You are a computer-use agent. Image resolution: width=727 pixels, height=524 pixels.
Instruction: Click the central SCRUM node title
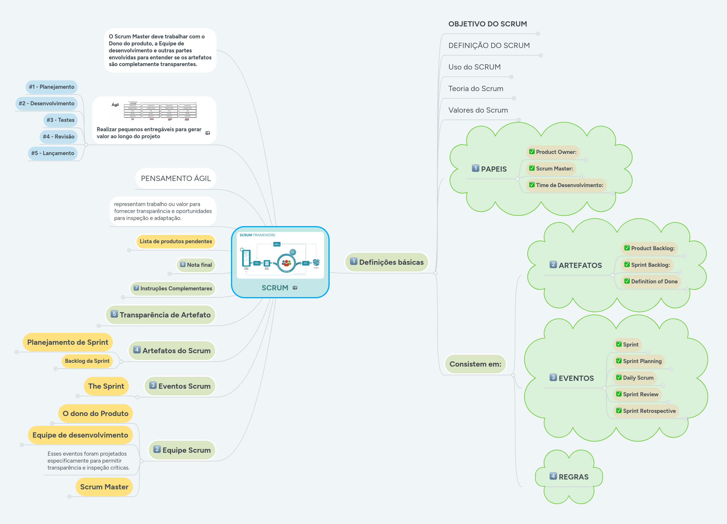coord(275,288)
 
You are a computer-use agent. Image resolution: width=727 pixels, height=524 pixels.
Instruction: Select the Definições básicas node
coord(387,262)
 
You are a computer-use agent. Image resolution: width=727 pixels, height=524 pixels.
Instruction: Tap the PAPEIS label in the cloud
coord(493,169)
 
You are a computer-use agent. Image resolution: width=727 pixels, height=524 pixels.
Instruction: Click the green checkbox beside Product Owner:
coord(532,152)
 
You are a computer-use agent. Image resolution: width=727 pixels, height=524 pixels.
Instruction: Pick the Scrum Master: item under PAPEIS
coord(554,168)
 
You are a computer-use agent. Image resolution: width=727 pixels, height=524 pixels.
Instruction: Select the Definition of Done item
coord(654,281)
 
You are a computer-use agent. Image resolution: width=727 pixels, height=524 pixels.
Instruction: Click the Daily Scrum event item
coord(638,378)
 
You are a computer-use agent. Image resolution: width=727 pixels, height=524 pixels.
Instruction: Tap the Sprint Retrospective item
coord(649,411)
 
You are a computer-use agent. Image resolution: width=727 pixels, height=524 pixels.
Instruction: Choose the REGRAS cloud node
coord(573,477)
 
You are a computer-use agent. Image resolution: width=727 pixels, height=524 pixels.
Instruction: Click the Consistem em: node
coord(475,364)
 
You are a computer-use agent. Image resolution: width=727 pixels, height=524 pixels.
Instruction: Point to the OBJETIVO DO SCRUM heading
coord(487,24)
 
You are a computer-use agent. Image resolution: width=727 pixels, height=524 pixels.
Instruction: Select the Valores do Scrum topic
coord(478,110)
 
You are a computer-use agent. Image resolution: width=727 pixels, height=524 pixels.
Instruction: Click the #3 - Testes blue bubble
coord(60,120)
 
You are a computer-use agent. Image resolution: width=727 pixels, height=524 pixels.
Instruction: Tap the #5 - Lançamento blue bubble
coord(53,153)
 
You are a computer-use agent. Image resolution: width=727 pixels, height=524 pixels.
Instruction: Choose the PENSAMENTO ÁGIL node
coord(176,179)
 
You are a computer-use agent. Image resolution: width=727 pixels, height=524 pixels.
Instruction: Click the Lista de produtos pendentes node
coord(176,241)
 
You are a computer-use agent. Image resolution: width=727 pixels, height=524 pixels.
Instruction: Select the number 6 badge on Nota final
coord(183,264)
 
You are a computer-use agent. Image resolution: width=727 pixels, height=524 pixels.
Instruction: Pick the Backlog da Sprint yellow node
coord(87,361)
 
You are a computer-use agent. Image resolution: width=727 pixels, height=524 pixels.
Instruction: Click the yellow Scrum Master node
coord(104,487)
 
